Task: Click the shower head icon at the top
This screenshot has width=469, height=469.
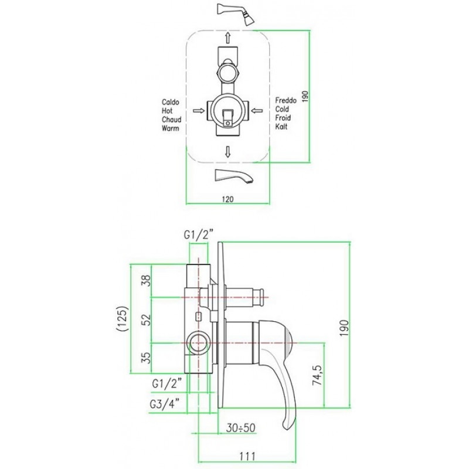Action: pos(236,13)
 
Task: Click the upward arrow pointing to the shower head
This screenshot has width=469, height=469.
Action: pos(228,38)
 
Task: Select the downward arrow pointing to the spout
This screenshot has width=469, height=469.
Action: pos(228,152)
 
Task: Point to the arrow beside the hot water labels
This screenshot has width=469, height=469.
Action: pos(199,111)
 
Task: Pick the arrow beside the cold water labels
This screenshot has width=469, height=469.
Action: pos(257,111)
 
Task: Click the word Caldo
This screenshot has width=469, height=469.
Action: pos(171,102)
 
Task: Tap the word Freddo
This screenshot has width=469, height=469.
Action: pos(286,100)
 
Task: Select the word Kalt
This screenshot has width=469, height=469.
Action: pos(281,127)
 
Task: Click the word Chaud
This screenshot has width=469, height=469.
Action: pos(171,120)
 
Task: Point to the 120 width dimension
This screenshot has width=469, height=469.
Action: pos(227,199)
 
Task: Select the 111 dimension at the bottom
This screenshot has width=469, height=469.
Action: pos(247,457)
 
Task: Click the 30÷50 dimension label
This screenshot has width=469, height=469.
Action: pos(240,428)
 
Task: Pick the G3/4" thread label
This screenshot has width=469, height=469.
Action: pos(165,405)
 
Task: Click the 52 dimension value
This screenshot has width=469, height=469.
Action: pos(146,320)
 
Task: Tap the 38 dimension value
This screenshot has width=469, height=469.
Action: pos(146,281)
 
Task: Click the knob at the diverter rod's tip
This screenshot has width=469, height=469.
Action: pos(259,297)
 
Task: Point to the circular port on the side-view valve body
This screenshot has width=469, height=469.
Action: pos(198,343)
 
